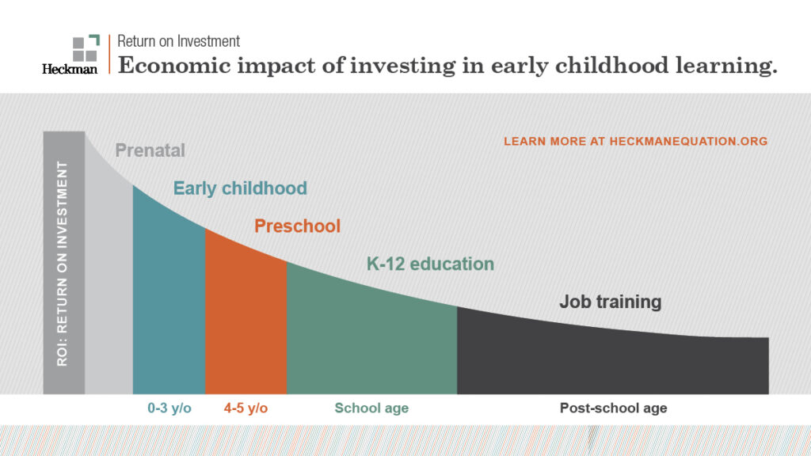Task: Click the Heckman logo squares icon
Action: point(86,48)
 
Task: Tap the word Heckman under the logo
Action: point(70,70)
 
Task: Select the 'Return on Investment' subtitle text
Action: point(178,41)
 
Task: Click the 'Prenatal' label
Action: point(150,150)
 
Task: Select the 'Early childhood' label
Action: point(240,188)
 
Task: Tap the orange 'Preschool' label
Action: point(297,226)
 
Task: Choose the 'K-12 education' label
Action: point(429,264)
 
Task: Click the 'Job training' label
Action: point(610,302)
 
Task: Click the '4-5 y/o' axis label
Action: point(246,408)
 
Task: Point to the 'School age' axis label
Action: point(371,408)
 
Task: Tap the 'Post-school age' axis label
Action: point(613,408)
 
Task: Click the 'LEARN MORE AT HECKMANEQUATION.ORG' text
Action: point(635,142)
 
